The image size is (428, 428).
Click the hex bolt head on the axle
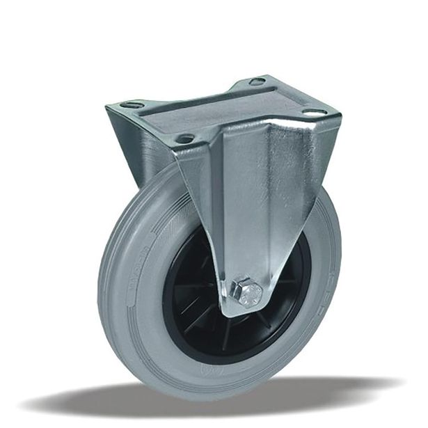(248, 292)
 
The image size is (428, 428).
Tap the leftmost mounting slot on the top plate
(132, 105)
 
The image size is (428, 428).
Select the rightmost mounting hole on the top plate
(312, 113)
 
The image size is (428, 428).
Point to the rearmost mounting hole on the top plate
(257, 81)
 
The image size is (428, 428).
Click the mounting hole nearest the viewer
(184, 138)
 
